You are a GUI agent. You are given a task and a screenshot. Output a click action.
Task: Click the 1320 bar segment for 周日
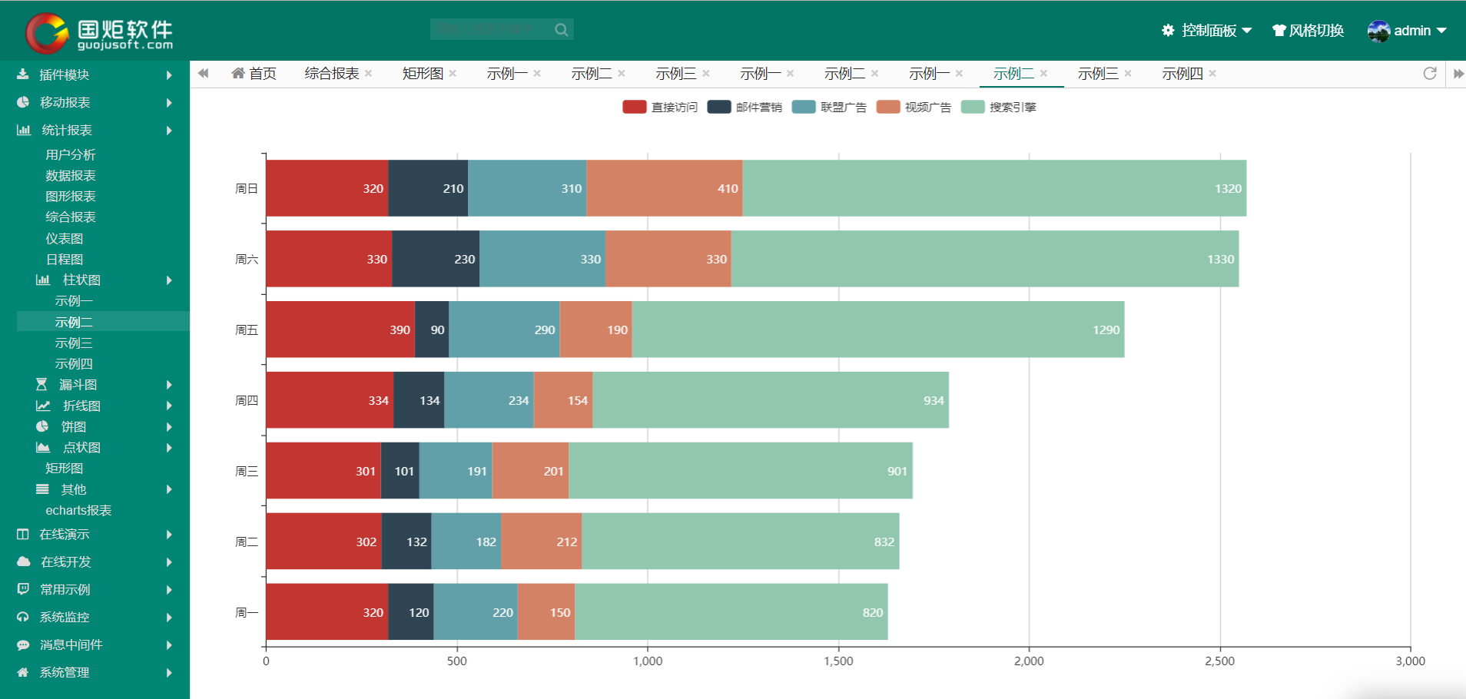994,188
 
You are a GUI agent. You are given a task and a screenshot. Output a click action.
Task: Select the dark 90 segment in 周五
432,330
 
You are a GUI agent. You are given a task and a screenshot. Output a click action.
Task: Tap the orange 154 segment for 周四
563,400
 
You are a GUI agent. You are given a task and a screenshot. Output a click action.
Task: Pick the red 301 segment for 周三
323,471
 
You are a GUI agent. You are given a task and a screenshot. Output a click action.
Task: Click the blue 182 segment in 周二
466,542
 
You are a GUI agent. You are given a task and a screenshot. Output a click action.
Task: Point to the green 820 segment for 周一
731,612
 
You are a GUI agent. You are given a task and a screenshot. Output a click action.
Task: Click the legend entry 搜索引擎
999,108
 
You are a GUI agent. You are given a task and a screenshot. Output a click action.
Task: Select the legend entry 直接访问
660,108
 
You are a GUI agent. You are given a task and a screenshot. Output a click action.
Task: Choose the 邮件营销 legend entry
745,108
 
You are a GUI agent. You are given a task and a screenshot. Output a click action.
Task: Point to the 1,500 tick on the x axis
838,661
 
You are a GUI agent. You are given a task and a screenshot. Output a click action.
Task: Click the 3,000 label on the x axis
1410,661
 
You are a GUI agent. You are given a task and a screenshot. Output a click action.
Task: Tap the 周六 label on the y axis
247,260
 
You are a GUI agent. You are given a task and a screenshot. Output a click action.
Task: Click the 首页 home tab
254,74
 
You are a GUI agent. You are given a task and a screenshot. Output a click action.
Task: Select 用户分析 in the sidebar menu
71,155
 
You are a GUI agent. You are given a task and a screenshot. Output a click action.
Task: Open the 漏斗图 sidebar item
78,385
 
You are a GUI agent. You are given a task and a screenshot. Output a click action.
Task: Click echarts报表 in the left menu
78,511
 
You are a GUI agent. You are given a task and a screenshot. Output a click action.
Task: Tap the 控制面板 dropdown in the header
1207,31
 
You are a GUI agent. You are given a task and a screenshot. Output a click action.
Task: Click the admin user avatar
1378,31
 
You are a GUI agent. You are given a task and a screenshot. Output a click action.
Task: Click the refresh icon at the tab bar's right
1430,74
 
